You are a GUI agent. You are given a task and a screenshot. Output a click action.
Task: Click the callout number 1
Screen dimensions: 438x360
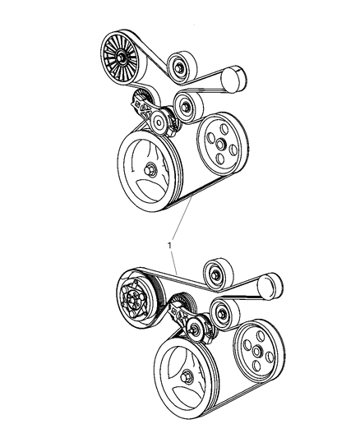[x=170, y=245]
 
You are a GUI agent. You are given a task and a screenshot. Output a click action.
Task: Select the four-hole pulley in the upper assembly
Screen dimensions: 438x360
[x=219, y=144]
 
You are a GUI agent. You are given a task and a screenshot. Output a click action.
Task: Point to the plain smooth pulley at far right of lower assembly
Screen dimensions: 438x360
[x=268, y=287]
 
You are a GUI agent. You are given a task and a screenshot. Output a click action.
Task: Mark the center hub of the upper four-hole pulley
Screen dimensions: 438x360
[x=221, y=145]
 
